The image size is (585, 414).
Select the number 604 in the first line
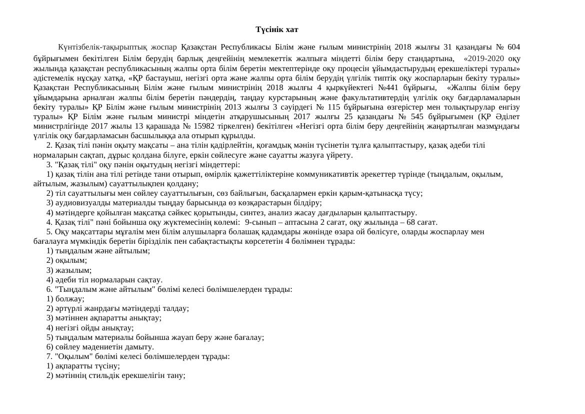click(513, 48)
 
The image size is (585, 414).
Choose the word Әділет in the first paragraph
click(505, 117)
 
